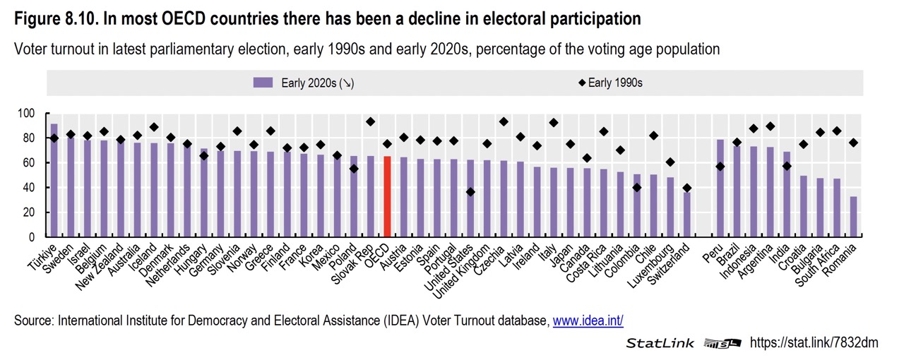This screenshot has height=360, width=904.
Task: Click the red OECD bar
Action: (387, 197)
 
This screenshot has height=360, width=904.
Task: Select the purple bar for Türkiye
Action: (54, 181)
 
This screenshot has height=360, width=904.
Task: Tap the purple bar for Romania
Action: (854, 217)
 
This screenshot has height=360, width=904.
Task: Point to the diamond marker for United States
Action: (470, 192)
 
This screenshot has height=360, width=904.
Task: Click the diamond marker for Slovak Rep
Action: (370, 121)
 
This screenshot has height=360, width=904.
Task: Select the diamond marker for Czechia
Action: (504, 121)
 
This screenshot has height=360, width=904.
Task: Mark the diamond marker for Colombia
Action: (637, 187)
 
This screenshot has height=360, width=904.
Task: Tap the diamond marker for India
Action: (787, 166)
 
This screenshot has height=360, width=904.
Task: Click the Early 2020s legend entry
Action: (304, 83)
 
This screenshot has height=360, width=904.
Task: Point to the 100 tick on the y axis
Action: (26, 113)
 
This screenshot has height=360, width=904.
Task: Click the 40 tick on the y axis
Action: (29, 188)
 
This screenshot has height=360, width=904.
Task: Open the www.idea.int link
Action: (588, 320)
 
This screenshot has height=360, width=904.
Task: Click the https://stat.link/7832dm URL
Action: (814, 343)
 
